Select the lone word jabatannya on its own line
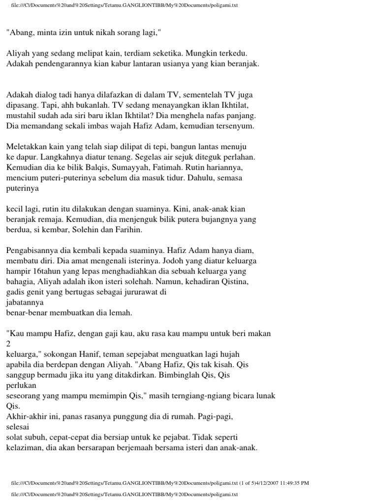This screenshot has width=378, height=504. pos(25,302)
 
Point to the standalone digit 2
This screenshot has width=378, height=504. pos(8,344)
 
